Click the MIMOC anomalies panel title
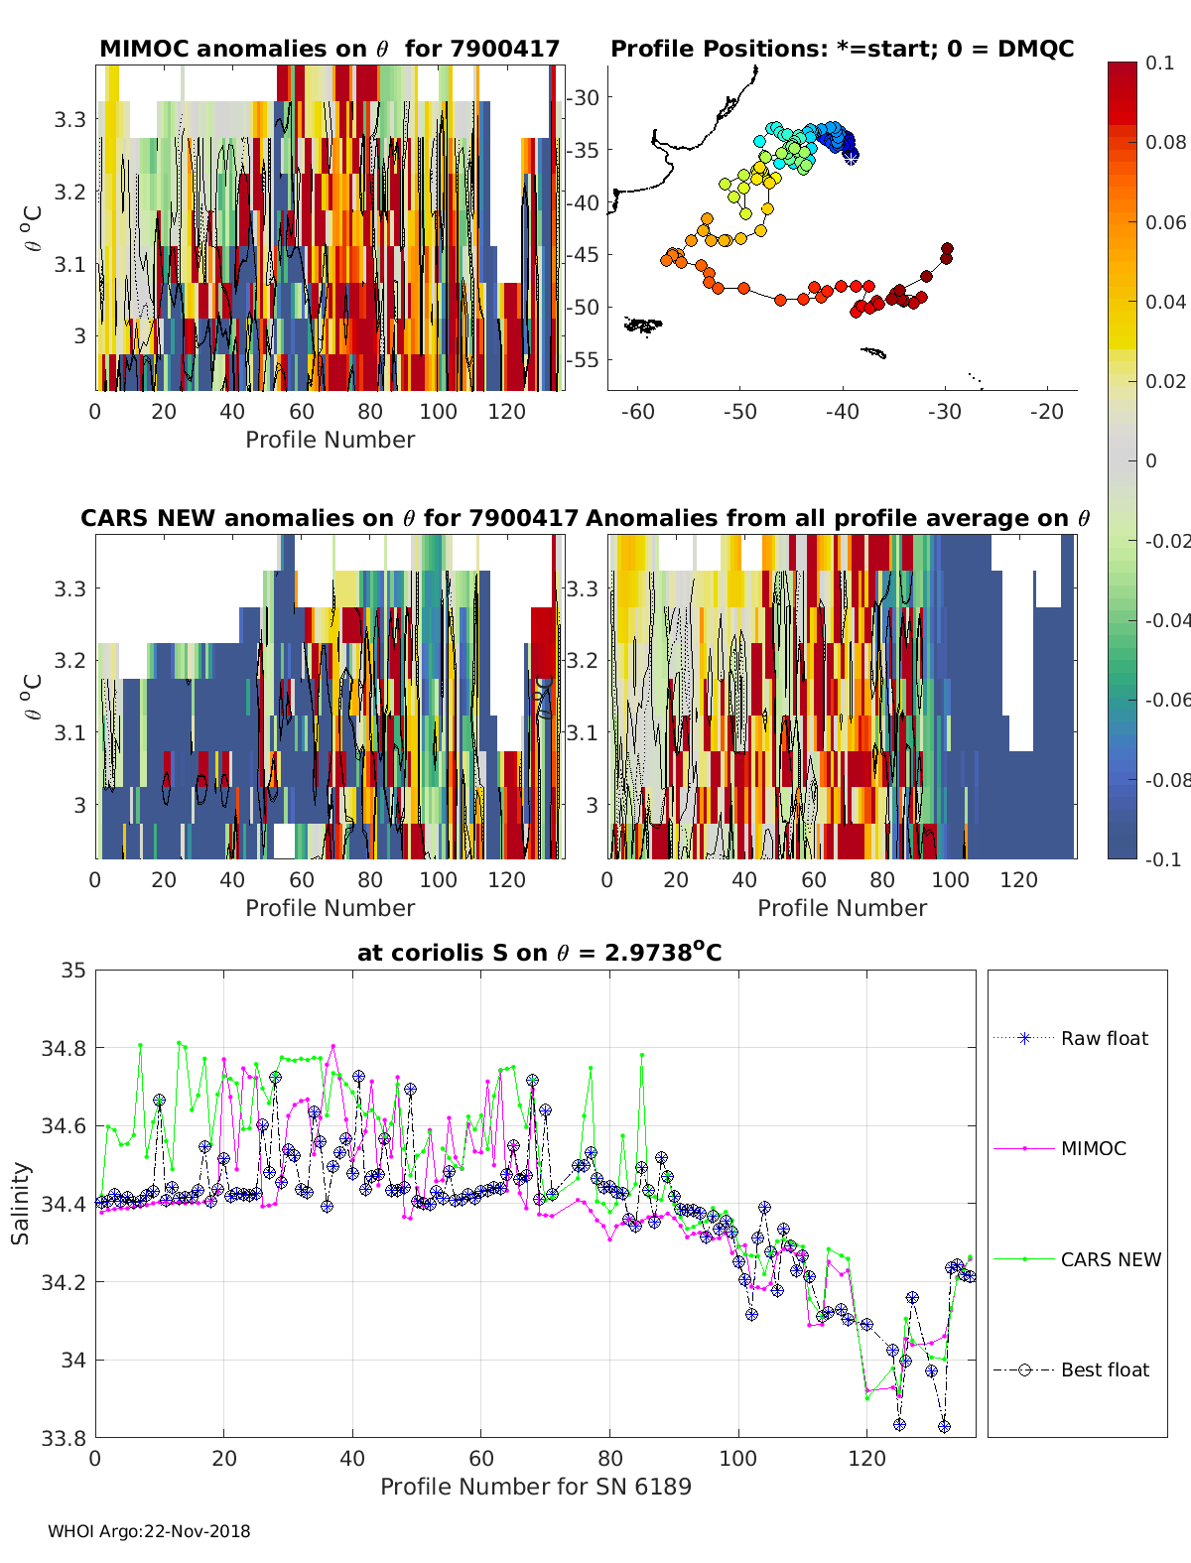click(x=330, y=49)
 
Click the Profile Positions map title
click(x=842, y=49)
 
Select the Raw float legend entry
click(x=1104, y=1038)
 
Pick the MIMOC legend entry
click(x=1093, y=1148)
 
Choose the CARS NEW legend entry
click(x=1110, y=1259)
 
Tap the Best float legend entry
click(x=1104, y=1369)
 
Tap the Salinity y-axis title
click(x=21, y=1203)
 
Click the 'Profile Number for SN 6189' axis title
click(x=535, y=1487)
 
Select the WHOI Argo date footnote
click(x=149, y=1531)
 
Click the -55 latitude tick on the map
click(x=583, y=359)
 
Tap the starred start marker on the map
click(x=851, y=156)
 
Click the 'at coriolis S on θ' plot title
click(x=539, y=953)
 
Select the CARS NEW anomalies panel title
click(x=330, y=518)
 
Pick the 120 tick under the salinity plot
click(x=866, y=1458)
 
